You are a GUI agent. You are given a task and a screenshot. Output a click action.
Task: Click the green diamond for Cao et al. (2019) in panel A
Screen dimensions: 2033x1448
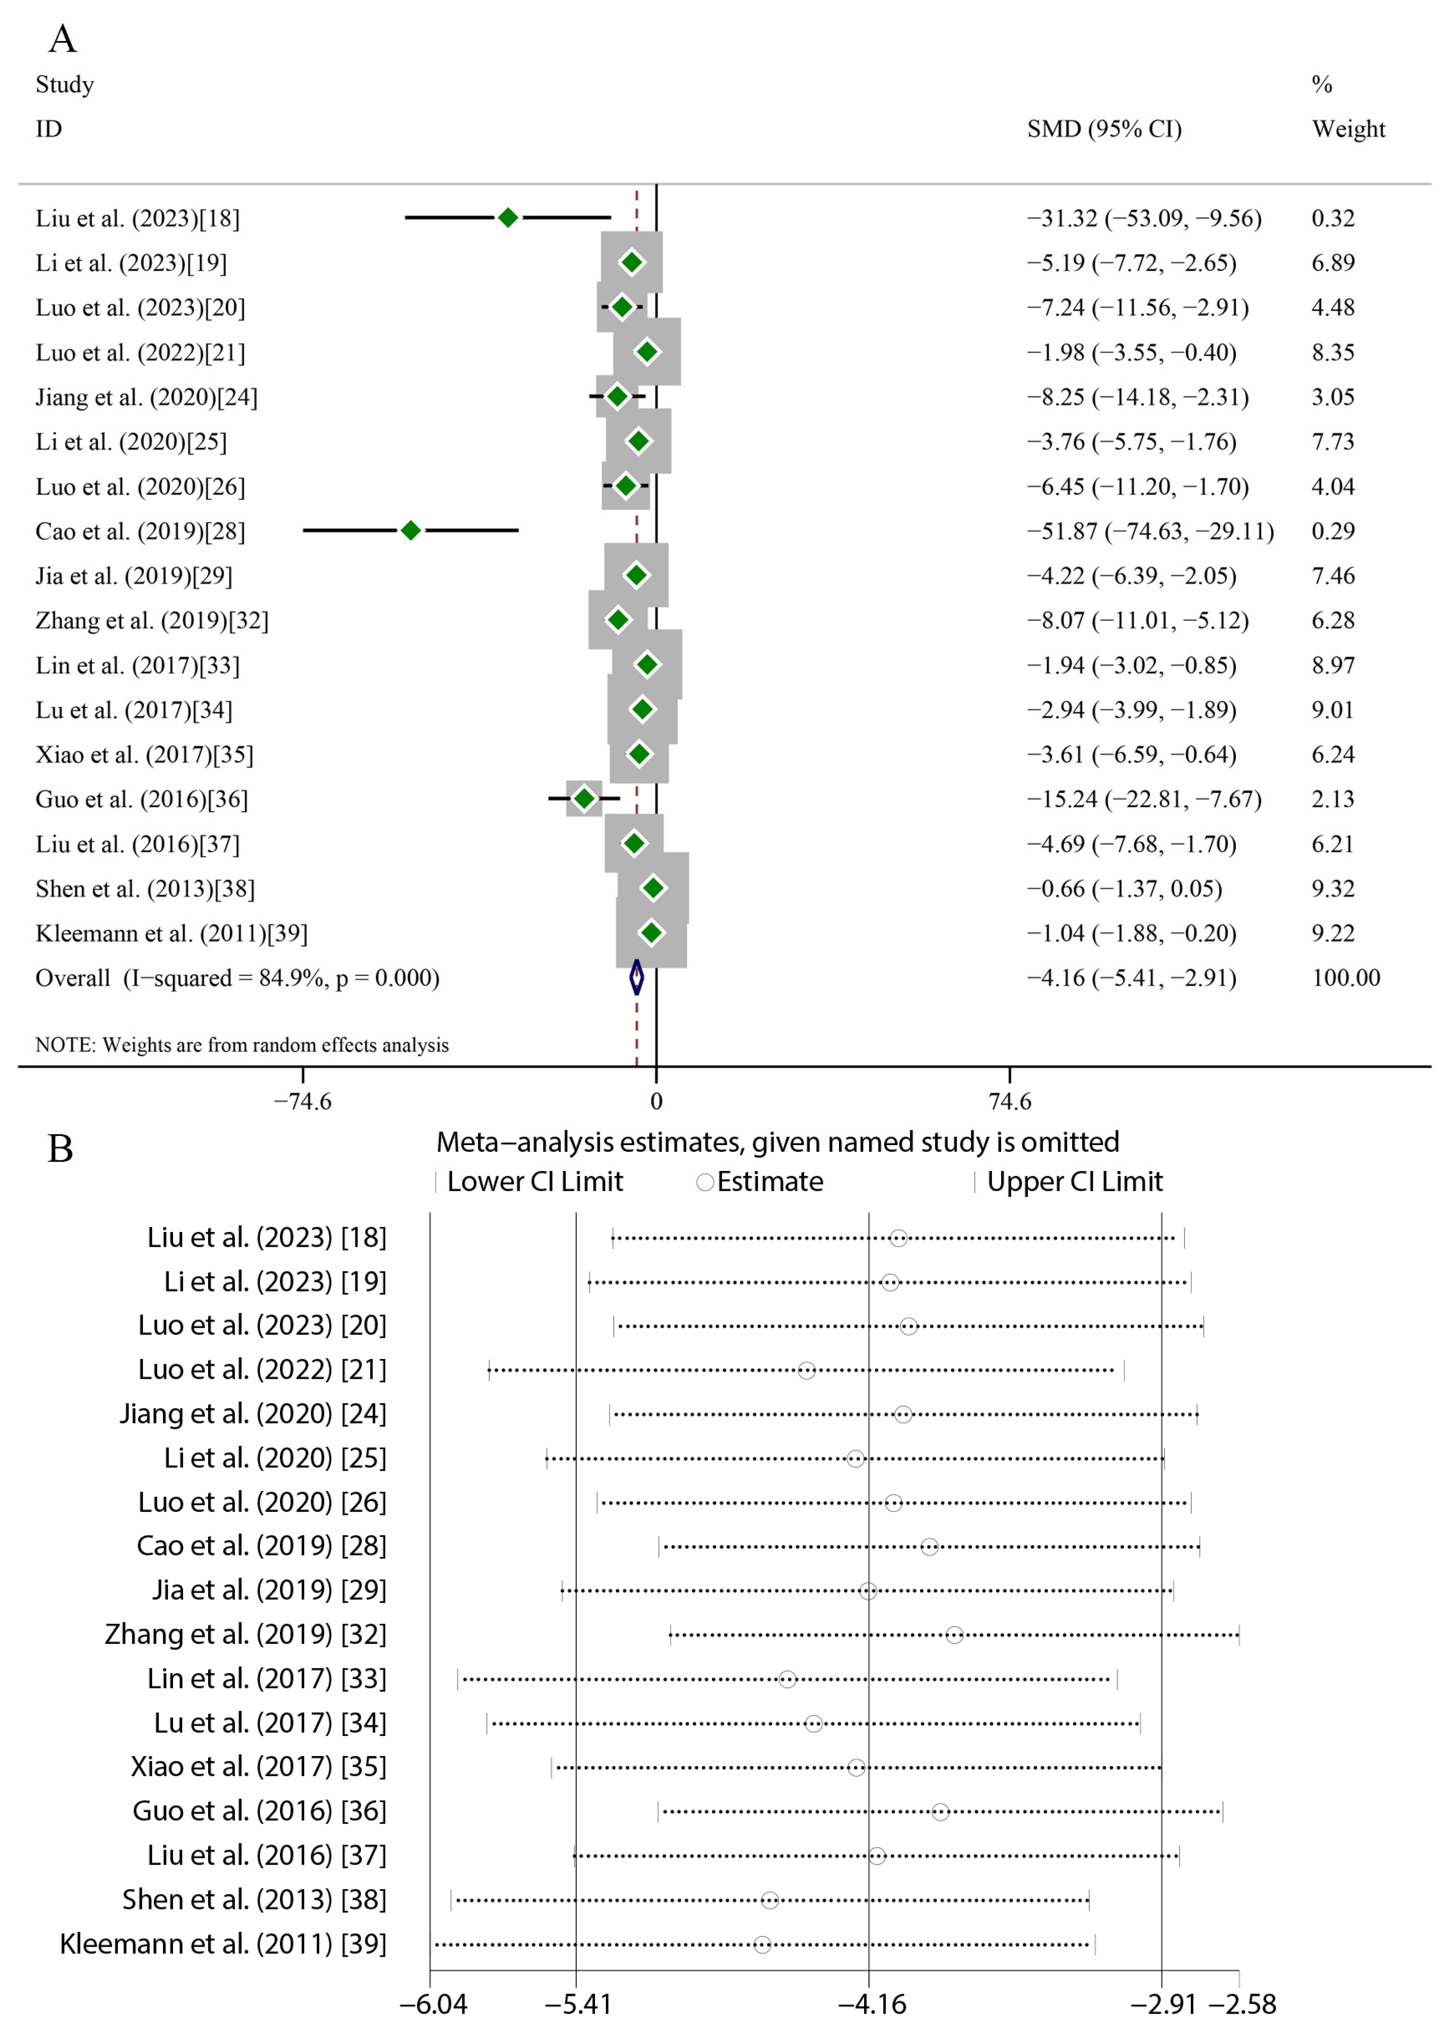pyautogui.click(x=410, y=531)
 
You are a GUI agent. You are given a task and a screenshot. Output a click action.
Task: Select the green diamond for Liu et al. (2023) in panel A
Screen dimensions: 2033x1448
pyautogui.click(x=507, y=217)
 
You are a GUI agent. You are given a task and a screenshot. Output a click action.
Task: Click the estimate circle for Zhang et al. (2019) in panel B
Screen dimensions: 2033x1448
pyautogui.click(x=954, y=1635)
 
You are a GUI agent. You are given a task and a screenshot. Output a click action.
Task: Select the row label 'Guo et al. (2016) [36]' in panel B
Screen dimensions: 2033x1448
pyautogui.click(x=259, y=1811)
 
